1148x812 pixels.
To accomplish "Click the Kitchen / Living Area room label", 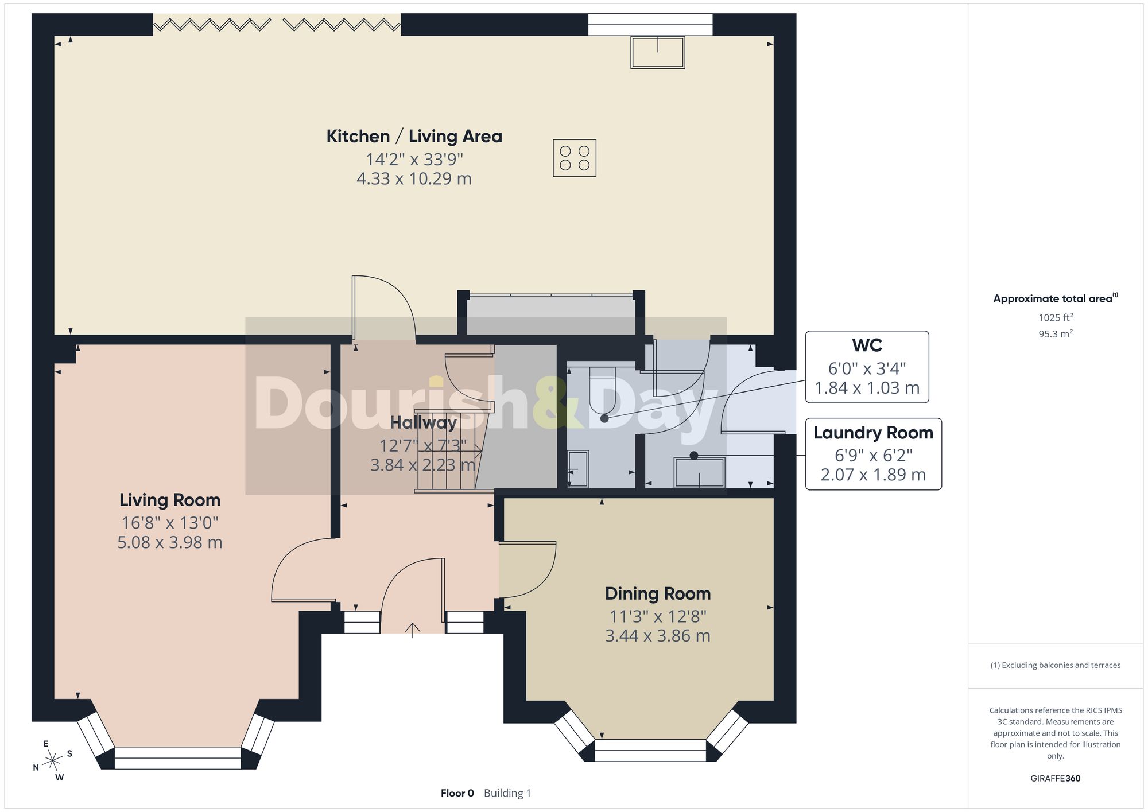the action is pos(414,137).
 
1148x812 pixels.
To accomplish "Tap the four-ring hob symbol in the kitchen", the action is pos(575,158).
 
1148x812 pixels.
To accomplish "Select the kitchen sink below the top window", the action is pos(658,52).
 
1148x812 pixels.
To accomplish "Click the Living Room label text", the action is pos(170,500).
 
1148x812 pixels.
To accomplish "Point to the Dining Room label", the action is pos(658,593).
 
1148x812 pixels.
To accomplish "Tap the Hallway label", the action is pos(424,423).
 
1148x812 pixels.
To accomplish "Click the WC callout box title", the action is pos(867,345).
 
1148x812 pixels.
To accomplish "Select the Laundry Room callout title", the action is pos(873,433).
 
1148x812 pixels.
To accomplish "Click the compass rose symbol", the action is pos(53,761).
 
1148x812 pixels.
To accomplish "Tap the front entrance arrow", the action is pos(413,631).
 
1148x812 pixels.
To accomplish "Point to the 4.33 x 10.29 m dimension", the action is pos(414,179).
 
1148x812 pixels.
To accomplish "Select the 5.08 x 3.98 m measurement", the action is pos(170,542).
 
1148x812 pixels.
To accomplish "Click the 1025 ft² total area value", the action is pos(1056,317).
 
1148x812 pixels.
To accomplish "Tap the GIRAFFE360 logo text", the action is pos(1056,779).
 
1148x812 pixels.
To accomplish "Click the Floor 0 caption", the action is pos(457,793).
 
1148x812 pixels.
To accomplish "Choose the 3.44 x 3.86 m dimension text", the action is pos(658,636).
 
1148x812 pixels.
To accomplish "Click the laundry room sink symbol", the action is pos(700,472).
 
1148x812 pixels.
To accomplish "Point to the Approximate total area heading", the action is pos(1056,298).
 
